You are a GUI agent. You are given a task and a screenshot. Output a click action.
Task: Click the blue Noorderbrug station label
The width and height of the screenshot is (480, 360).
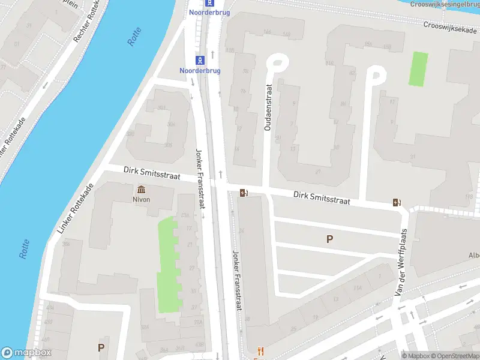(x=200, y=70)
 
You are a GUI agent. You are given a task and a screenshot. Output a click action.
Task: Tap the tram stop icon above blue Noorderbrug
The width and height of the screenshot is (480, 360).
(x=200, y=59)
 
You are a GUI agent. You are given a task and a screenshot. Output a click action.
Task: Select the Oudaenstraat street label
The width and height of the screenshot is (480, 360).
(x=268, y=107)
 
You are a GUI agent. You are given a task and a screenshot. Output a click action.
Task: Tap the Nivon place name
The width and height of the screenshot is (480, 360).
(x=142, y=199)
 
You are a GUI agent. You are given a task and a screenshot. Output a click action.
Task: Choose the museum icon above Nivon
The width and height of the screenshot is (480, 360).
(x=142, y=189)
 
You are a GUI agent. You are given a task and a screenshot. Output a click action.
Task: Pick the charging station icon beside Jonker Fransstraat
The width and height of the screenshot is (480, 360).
(x=244, y=193)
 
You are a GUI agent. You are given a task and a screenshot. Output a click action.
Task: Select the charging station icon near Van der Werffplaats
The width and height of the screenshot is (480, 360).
(x=396, y=202)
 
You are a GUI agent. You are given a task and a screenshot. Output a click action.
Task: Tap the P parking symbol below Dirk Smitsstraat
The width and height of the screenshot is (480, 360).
(x=329, y=239)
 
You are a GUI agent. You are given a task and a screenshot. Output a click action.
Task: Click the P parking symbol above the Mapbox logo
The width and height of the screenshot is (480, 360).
(x=101, y=347)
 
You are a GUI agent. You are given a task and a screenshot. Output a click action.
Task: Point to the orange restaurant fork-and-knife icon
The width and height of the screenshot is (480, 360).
(x=260, y=351)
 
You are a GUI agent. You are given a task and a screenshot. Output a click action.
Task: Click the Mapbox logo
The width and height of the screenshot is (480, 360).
(x=26, y=353)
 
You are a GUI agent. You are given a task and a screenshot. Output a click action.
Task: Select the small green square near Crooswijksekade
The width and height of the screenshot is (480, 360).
(x=419, y=68)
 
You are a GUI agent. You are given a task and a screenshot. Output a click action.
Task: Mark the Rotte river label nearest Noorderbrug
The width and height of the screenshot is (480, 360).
(x=134, y=37)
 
